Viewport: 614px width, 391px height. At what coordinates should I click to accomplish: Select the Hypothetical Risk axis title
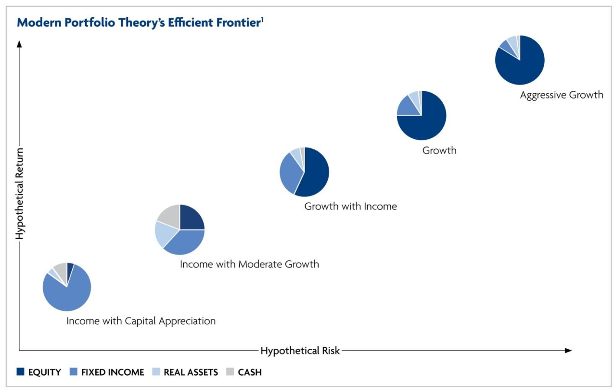(300, 351)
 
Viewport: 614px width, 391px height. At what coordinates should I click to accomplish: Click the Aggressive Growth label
(561, 95)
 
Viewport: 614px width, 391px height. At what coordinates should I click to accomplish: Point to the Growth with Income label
(350, 207)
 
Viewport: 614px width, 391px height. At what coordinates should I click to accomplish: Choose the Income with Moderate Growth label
(249, 264)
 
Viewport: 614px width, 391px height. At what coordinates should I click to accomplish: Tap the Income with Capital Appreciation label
(141, 321)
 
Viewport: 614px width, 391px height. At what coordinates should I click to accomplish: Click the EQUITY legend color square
(20, 372)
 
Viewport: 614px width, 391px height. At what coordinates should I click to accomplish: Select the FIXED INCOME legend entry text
(113, 372)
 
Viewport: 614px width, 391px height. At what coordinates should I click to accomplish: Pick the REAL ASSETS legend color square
(155, 372)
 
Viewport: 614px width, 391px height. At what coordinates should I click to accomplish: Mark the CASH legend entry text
(250, 372)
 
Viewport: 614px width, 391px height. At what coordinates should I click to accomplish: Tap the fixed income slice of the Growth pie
(408, 107)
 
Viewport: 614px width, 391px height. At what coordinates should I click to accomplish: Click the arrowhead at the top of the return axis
(19, 44)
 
